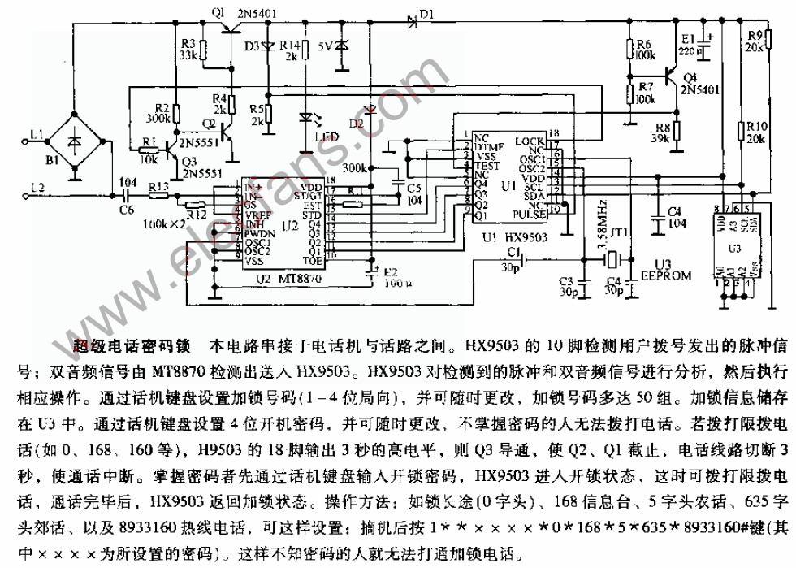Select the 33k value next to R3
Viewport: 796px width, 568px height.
[x=188, y=55]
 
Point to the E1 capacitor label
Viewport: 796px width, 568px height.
[x=688, y=38]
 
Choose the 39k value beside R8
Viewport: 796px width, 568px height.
[x=660, y=139]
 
